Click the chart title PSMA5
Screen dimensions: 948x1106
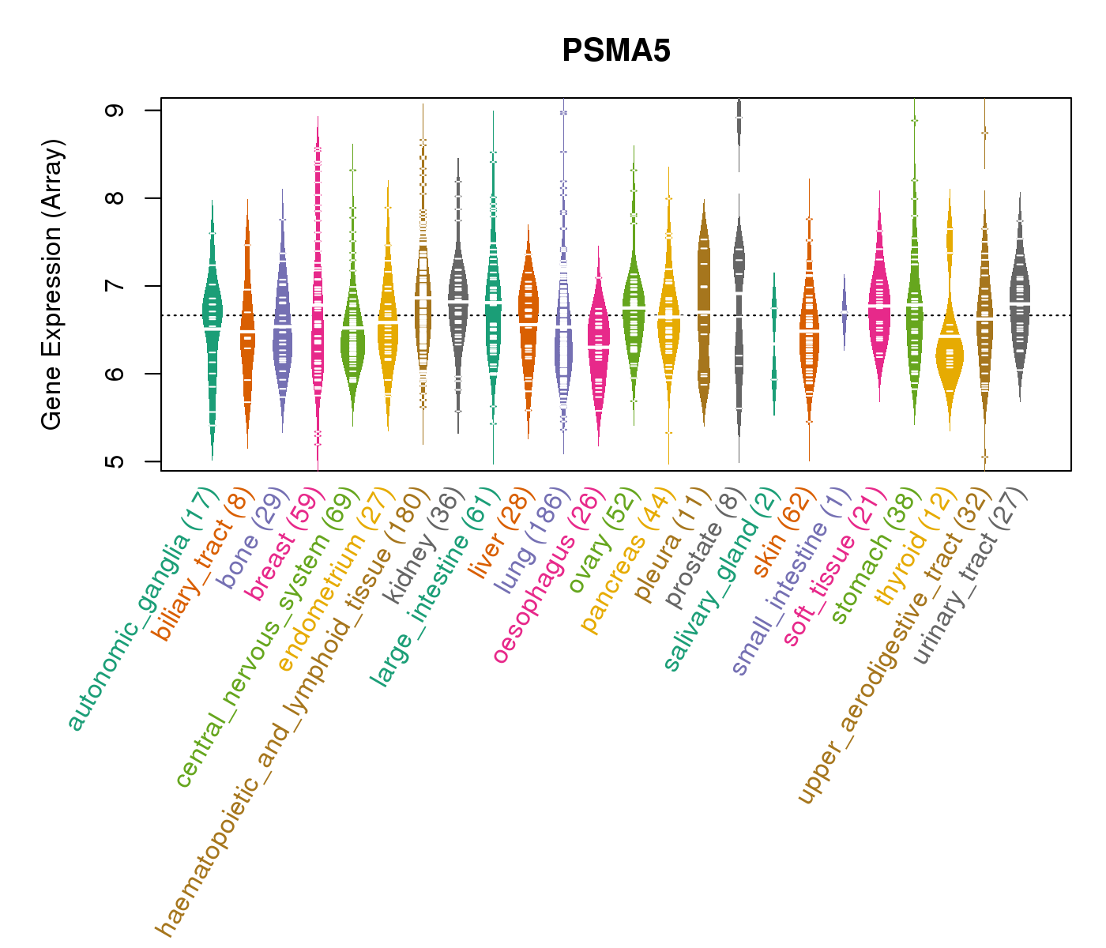coord(616,51)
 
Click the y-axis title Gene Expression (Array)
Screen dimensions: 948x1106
coord(52,285)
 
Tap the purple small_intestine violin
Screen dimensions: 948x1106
coord(845,308)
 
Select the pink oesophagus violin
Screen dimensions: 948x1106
coord(599,348)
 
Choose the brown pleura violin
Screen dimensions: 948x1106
coord(704,316)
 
